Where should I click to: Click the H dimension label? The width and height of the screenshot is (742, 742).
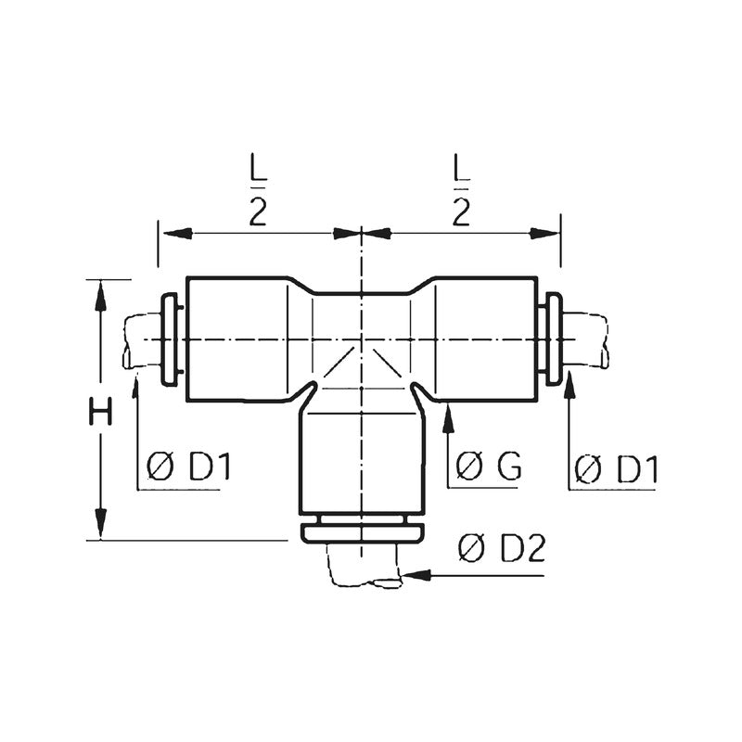tap(100, 411)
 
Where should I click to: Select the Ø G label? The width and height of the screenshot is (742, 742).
tap(490, 467)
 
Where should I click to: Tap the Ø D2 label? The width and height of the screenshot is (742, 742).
tap(501, 550)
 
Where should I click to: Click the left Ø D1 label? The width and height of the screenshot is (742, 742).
tap(188, 467)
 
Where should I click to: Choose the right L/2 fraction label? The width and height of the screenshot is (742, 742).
tap(461, 192)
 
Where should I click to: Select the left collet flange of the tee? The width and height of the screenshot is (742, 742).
tap(170, 340)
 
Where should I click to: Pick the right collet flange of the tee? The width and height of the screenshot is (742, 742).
tap(554, 340)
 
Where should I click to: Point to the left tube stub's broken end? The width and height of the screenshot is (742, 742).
tap(127, 340)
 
